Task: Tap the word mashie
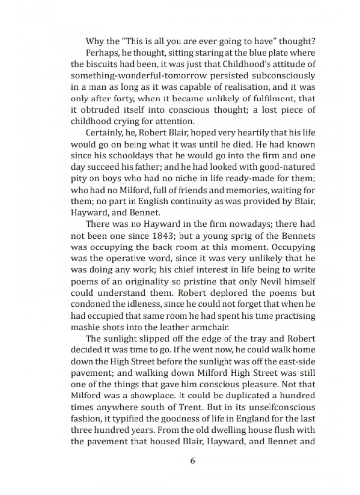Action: (85, 326)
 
